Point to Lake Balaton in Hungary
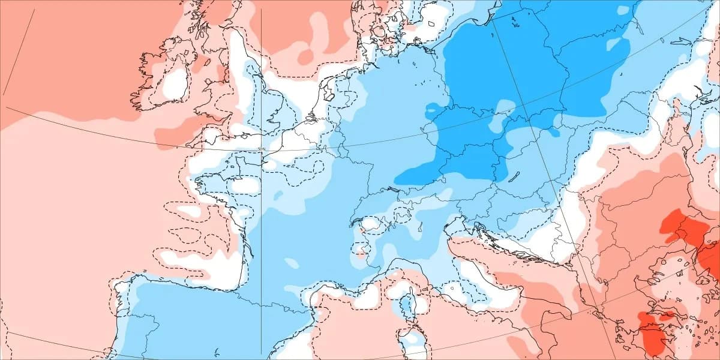[x=514, y=176]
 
